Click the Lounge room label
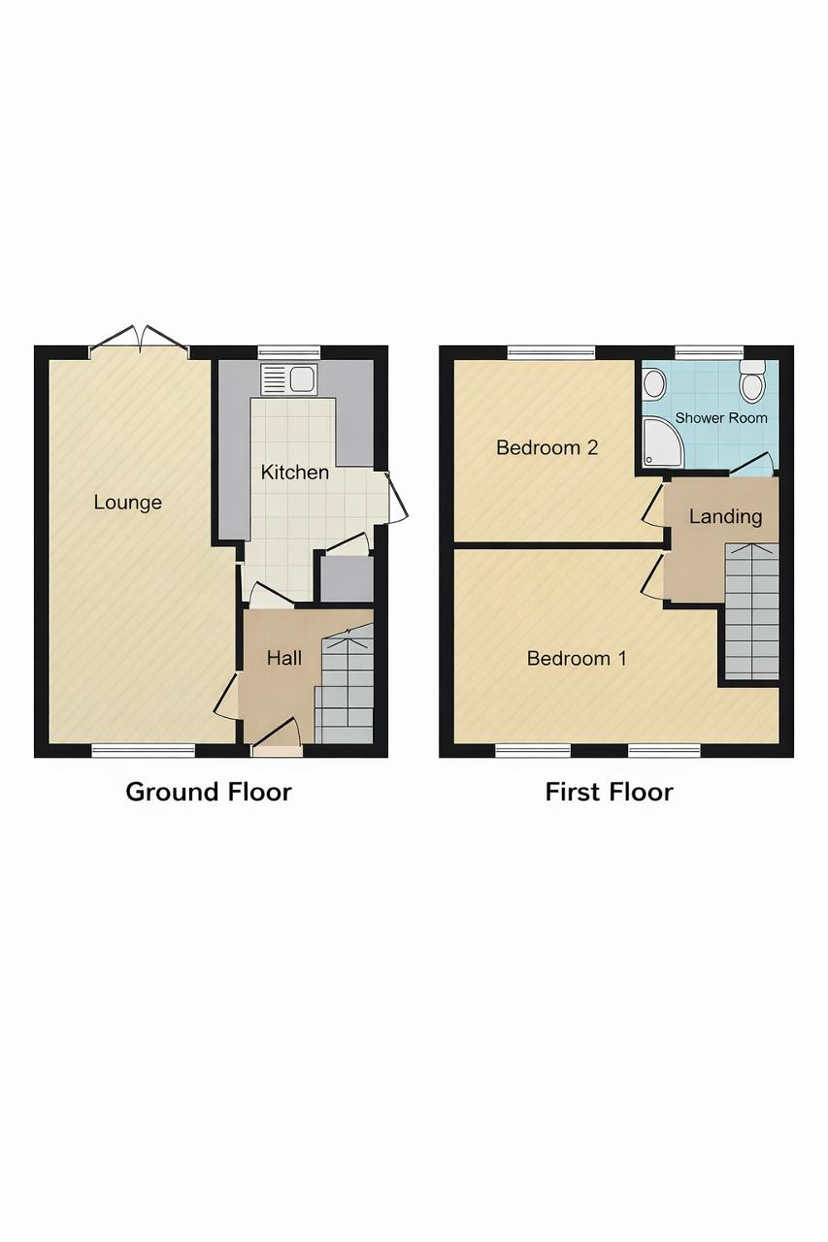coord(127,503)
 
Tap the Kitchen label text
coord(294,473)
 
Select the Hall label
coord(284,658)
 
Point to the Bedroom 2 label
coord(546,447)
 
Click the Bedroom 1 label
coord(577,658)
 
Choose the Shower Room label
coord(721,418)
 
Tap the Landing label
coord(725,517)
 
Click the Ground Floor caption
coord(209,792)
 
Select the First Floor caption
coord(609,792)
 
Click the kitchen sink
coord(289,379)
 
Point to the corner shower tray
coord(663,441)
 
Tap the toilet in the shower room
coord(752,381)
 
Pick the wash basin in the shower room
coord(654,383)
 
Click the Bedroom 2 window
coord(551,352)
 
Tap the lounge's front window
coord(143,751)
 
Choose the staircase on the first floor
coord(752,611)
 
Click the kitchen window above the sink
coord(289,352)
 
